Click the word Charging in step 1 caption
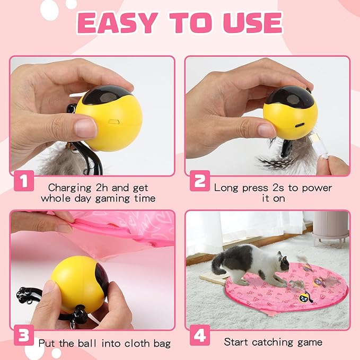(x=69, y=188)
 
